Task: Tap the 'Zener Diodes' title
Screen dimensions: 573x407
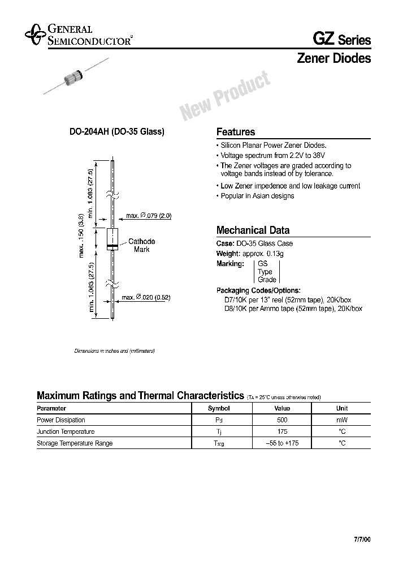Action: [x=334, y=58]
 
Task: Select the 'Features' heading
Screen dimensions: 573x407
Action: [x=236, y=132]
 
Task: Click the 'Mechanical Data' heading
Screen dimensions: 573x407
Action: [x=253, y=230]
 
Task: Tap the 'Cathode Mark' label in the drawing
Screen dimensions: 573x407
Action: [x=141, y=245]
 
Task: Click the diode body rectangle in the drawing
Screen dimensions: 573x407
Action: [x=112, y=239]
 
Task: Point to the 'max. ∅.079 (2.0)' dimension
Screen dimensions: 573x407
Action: [x=148, y=216]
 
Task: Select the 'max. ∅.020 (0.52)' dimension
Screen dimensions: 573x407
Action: [x=146, y=297]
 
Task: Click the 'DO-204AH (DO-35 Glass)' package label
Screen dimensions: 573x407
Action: [x=116, y=132]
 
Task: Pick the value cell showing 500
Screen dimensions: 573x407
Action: [x=282, y=420]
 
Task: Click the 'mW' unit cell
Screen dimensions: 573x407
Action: [x=342, y=420]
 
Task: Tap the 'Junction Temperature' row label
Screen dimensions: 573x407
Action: [x=66, y=432]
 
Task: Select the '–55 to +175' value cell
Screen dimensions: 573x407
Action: [x=282, y=443]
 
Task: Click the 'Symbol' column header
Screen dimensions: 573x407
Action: [x=219, y=408]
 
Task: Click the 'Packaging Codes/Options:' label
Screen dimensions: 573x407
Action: [x=258, y=290]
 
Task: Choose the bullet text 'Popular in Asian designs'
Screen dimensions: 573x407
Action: [x=257, y=196]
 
